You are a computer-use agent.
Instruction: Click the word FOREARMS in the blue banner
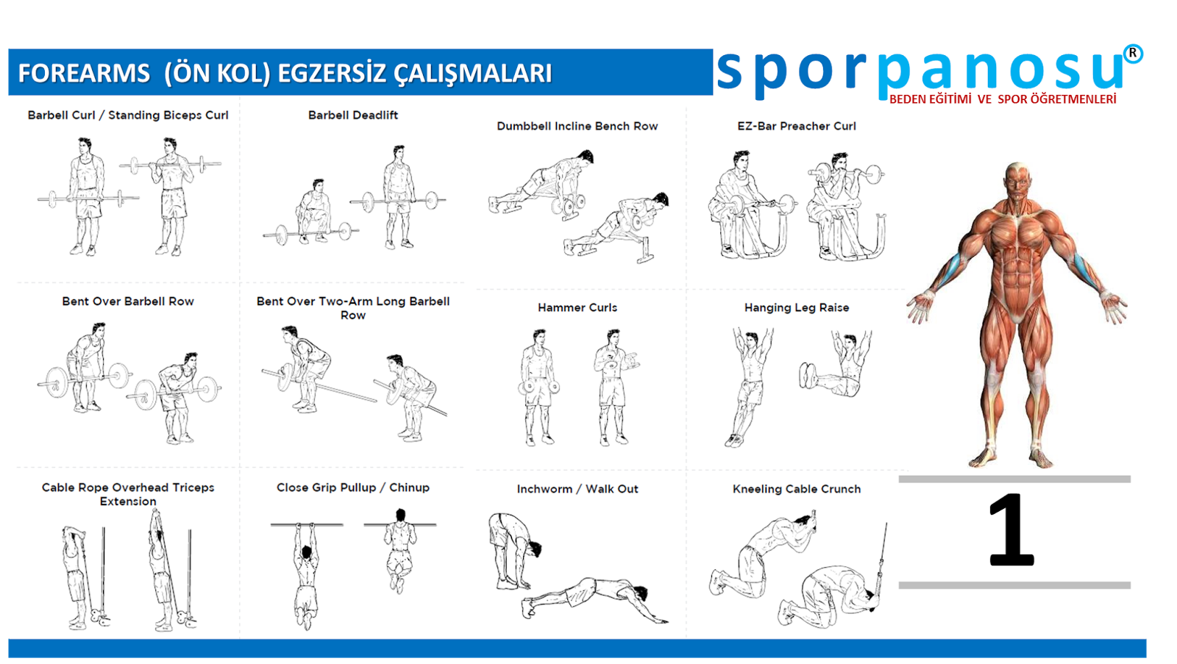coord(84,73)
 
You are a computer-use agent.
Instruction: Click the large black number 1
coord(1011,530)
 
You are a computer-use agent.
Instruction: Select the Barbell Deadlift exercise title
coord(352,115)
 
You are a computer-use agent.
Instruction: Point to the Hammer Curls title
coord(577,307)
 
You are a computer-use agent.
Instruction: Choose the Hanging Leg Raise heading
coord(797,307)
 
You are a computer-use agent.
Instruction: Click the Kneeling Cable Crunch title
coord(797,489)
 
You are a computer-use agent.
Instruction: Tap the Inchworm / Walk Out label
coord(577,489)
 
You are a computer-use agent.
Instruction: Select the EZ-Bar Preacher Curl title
coord(797,126)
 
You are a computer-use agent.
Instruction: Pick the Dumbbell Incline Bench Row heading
coord(577,126)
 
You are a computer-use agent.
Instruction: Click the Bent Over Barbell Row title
coord(128,301)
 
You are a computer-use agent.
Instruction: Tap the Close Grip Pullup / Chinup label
coord(352,488)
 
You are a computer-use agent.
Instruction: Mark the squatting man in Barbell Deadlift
coord(314,212)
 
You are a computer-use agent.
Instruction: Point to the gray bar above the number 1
coord(1014,479)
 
